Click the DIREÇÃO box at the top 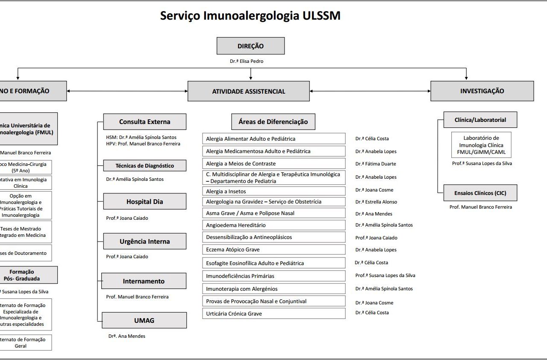point(250,46)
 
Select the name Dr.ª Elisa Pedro point(247,61)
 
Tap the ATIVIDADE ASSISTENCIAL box point(248,91)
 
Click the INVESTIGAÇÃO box point(482,91)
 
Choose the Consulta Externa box point(144,122)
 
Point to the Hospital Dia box point(144,201)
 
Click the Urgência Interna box point(144,241)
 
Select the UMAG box point(144,320)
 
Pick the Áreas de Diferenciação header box point(273,122)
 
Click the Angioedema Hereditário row point(273,225)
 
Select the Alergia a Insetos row point(273,191)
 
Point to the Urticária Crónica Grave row point(273,313)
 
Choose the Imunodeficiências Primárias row point(273,276)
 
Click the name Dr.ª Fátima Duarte point(376,164)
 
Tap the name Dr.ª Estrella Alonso point(376,202)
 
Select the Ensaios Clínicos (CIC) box point(480,193)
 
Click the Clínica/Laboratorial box point(480,120)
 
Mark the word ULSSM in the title point(321,16)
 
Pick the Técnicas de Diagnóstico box point(144,165)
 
